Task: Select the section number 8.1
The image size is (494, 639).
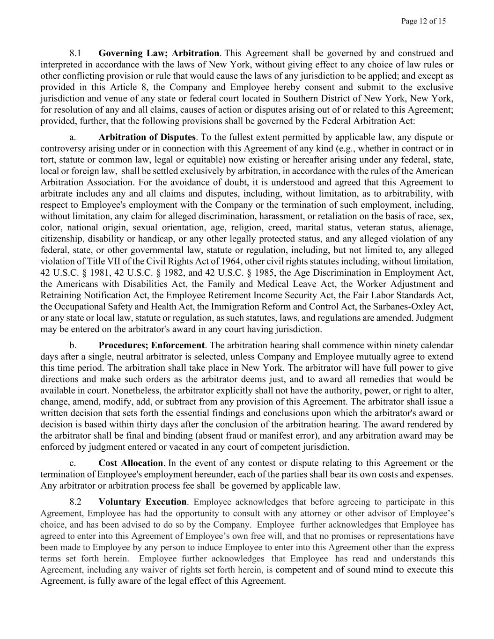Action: [x=75, y=53]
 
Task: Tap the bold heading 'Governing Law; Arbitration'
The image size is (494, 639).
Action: [x=159, y=53]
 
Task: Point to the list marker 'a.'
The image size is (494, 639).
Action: [x=73, y=137]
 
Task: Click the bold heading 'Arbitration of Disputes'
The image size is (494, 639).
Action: [x=147, y=137]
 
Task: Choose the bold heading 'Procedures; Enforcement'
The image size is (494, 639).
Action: [x=152, y=345]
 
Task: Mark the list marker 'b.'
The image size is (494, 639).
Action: [x=73, y=345]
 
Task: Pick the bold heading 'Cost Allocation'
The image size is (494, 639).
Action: [x=131, y=463]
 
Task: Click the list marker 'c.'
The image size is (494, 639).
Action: [x=73, y=463]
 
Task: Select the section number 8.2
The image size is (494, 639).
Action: [x=75, y=502]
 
